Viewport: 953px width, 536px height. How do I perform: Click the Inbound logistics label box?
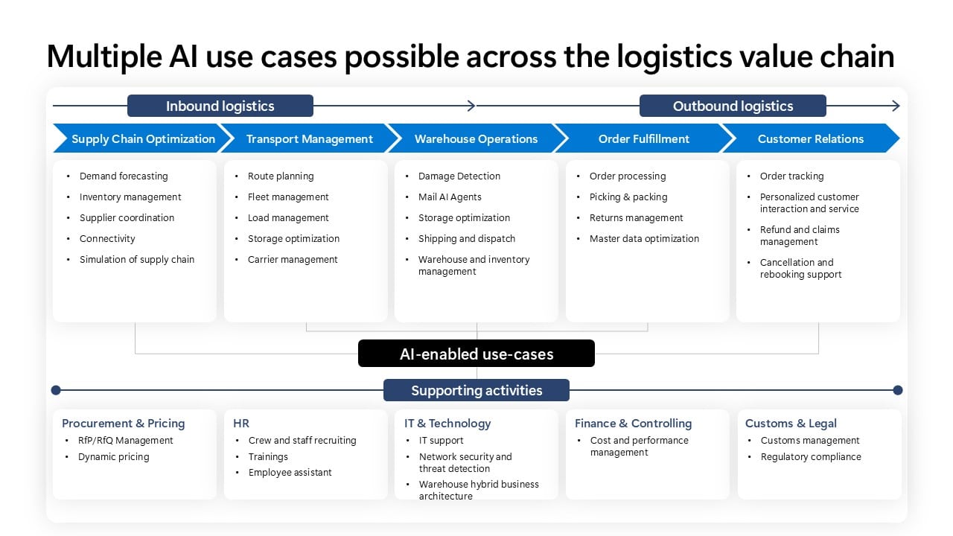[x=220, y=106]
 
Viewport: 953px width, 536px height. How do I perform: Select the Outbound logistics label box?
[x=733, y=106]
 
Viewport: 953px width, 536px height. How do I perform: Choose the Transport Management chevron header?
[x=309, y=138]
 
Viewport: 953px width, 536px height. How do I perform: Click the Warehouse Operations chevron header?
[x=476, y=138]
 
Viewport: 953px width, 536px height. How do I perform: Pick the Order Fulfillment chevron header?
[x=643, y=138]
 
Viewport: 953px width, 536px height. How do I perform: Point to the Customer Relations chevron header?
[x=810, y=138]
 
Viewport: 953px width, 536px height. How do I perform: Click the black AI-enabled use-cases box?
[x=476, y=354]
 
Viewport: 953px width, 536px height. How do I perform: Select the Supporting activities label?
[x=476, y=390]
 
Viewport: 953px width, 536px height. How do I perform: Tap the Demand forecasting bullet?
[x=124, y=176]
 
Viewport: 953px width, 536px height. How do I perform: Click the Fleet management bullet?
[x=288, y=197]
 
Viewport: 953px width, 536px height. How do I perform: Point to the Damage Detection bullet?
[x=459, y=176]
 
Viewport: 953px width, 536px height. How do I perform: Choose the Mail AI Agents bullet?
[x=450, y=197]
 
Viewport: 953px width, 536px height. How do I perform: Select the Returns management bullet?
[x=636, y=218]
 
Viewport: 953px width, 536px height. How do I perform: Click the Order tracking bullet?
[x=791, y=176]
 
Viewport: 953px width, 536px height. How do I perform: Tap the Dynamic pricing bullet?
[x=114, y=457]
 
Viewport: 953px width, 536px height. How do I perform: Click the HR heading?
[x=241, y=424]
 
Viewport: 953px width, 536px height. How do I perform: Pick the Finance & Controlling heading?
[x=633, y=424]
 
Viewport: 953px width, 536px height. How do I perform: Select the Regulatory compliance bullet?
[x=811, y=457]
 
